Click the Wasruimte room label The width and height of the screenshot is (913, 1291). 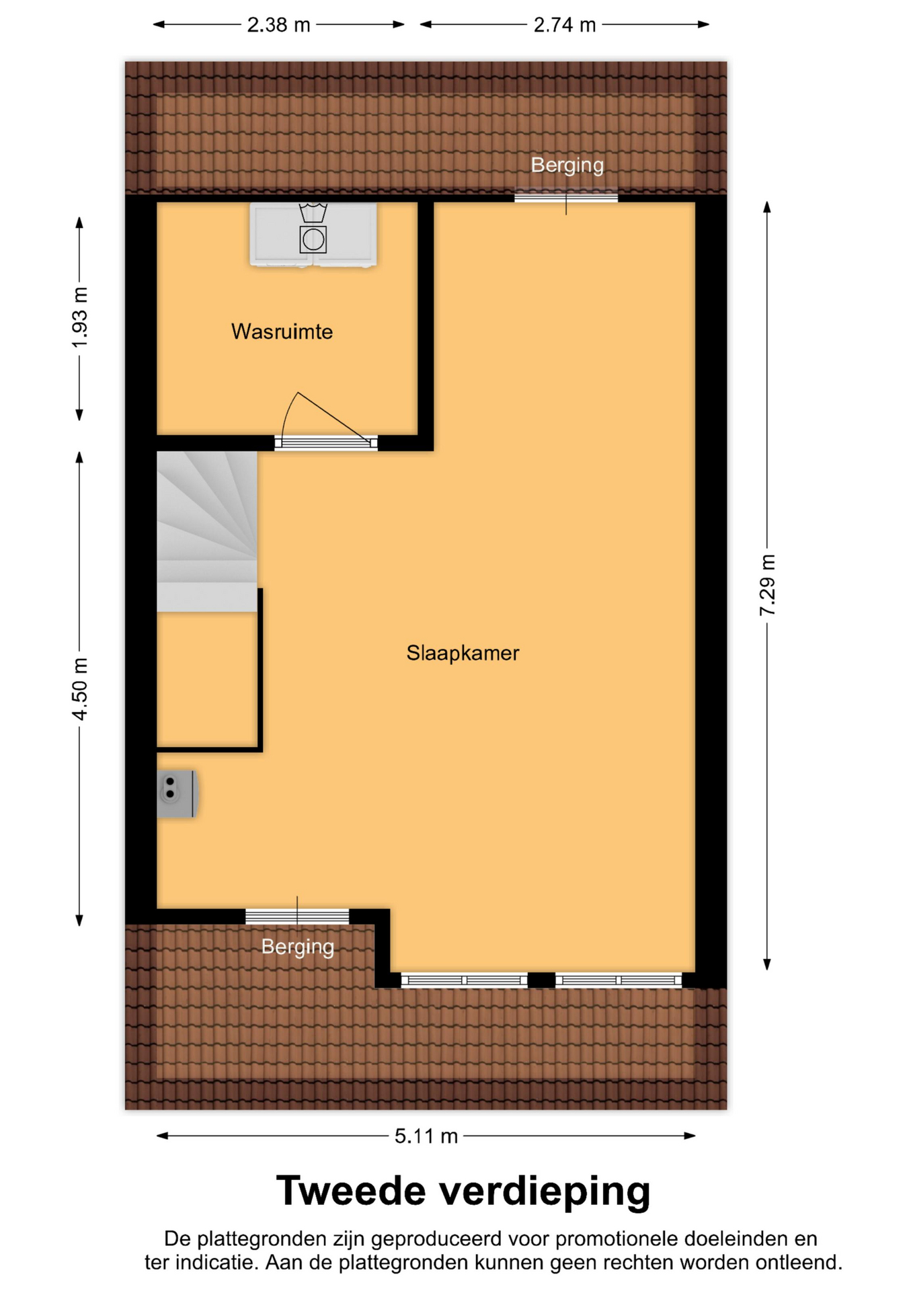point(282,331)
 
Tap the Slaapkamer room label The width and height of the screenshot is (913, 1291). point(463,653)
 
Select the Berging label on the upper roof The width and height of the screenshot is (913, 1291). point(567,165)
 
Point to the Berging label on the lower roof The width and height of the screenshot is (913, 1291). point(297,947)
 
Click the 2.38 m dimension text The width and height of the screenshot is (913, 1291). point(278,25)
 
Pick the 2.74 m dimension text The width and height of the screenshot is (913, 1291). point(565,25)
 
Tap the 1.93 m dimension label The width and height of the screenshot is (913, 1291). point(80,318)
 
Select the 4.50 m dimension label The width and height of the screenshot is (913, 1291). point(80,689)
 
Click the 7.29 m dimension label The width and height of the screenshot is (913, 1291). point(767,585)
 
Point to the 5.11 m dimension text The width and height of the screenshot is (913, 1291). point(426,1136)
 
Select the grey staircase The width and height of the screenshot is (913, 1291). point(207,531)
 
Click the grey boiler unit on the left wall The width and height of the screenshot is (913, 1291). point(177,793)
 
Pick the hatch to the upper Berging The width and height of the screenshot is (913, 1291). point(566,198)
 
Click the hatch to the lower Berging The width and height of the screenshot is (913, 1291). point(297,916)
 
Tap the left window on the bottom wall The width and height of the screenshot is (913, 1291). point(465,980)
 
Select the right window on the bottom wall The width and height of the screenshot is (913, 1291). point(619,980)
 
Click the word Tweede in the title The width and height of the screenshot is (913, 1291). point(351,1191)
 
